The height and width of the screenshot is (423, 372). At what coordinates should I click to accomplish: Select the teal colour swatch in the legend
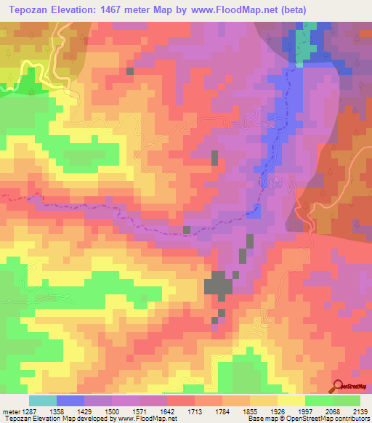pyautogui.click(x=42, y=400)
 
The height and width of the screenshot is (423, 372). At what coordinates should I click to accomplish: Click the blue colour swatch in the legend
pyautogui.click(x=70, y=400)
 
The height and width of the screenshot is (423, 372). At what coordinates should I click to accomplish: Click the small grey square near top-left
pyautogui.click(x=129, y=71)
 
